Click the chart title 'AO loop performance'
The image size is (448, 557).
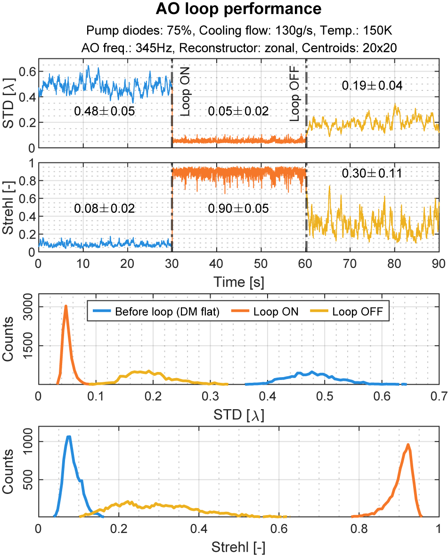pos(238,9)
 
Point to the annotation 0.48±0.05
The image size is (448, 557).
pos(105,112)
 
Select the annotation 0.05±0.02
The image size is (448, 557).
pos(238,112)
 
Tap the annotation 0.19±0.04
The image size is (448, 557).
pos(372,86)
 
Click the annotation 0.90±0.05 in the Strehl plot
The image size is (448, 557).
pos(238,208)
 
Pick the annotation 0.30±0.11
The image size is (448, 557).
pos(372,173)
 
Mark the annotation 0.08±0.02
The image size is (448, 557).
pos(105,208)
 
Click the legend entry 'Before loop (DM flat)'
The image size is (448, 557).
pos(167,311)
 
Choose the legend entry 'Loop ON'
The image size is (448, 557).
pos(276,311)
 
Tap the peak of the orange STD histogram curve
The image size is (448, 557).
pos(66,306)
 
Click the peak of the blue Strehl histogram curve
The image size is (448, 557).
pos(69,436)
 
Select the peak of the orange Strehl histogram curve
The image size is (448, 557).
pos(408,444)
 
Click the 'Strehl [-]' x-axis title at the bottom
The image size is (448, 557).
pos(238,547)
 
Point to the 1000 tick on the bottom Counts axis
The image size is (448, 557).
pos(24,442)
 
